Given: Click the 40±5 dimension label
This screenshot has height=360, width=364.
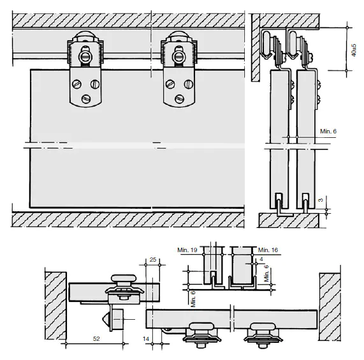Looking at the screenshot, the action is point(354,50).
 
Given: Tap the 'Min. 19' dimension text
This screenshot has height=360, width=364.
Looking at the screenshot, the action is point(187,250).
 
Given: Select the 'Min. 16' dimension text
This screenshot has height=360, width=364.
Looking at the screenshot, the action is point(268,250).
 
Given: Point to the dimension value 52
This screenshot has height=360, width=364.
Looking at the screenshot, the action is point(96,339).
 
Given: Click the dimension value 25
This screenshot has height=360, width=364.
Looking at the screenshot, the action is point(153,259).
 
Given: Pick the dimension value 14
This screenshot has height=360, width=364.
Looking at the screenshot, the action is point(146,339).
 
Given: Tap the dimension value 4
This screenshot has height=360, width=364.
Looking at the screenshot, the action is point(261,259).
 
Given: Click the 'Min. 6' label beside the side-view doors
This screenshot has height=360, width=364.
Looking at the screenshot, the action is point(328,131).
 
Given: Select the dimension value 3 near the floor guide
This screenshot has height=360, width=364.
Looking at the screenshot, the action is point(321,200).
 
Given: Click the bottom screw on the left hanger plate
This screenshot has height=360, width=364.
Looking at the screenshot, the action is point(85,99).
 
